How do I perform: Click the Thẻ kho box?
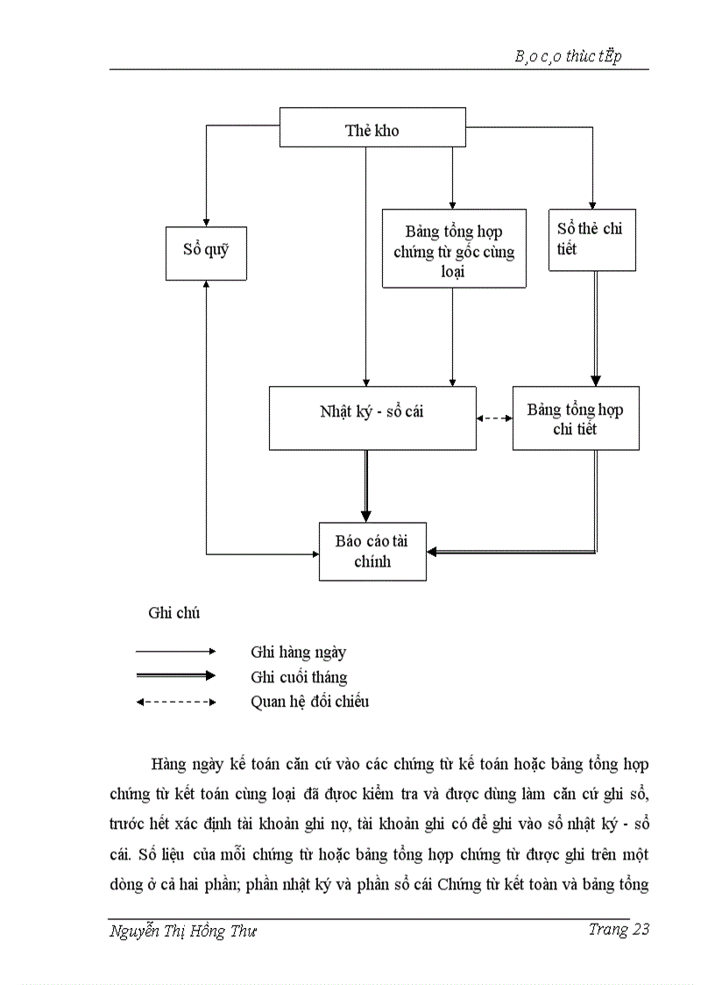pos(372,130)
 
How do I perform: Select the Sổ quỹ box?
pos(206,253)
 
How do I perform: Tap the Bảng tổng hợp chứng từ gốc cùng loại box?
pos(454,250)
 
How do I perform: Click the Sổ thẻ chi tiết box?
pos(592,239)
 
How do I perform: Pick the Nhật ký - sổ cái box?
pos(372,418)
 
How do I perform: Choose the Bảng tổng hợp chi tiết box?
pos(576,418)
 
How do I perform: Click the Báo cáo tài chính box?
pos(372,550)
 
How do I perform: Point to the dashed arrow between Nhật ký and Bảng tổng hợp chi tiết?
pos(495,418)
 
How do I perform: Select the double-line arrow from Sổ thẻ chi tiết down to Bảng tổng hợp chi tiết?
pos(596,329)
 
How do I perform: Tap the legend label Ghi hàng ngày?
pos(298,652)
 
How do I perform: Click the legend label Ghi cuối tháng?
pos(299,676)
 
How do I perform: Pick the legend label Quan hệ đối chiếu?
pos(309,701)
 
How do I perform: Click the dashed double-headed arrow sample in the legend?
pos(175,702)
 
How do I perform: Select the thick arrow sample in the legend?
pos(175,675)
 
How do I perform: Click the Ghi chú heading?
pos(173,612)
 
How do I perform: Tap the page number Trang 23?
pos(619,930)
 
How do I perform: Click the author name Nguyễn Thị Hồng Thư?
pos(183,931)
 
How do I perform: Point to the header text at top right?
pos(568,57)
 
